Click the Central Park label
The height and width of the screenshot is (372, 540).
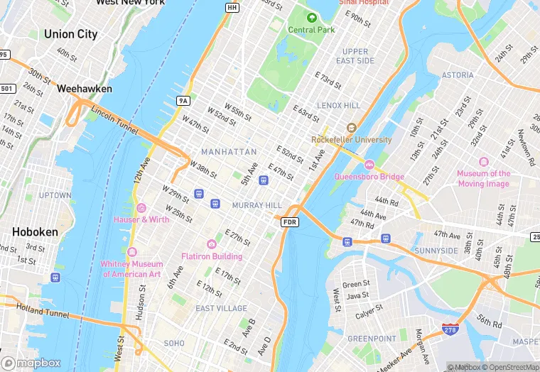pos(310,29)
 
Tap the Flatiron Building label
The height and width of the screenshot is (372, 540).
pos(212,256)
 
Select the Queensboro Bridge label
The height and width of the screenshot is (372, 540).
pos(369,177)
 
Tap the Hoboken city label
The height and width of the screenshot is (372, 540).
pos(35,232)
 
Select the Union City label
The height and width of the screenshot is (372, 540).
pos(70,34)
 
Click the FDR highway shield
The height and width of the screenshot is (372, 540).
pos(290,222)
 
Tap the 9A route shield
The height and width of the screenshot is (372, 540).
pos(183,101)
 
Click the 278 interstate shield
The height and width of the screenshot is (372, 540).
pos(450,329)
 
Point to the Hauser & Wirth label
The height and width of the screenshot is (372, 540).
pos(141,219)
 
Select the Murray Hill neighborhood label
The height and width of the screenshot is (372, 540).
pos(257,205)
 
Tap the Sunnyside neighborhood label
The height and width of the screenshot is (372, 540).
pos(436,251)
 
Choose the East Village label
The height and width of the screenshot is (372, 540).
pos(221,308)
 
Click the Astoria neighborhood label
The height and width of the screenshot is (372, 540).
pos(458,75)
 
